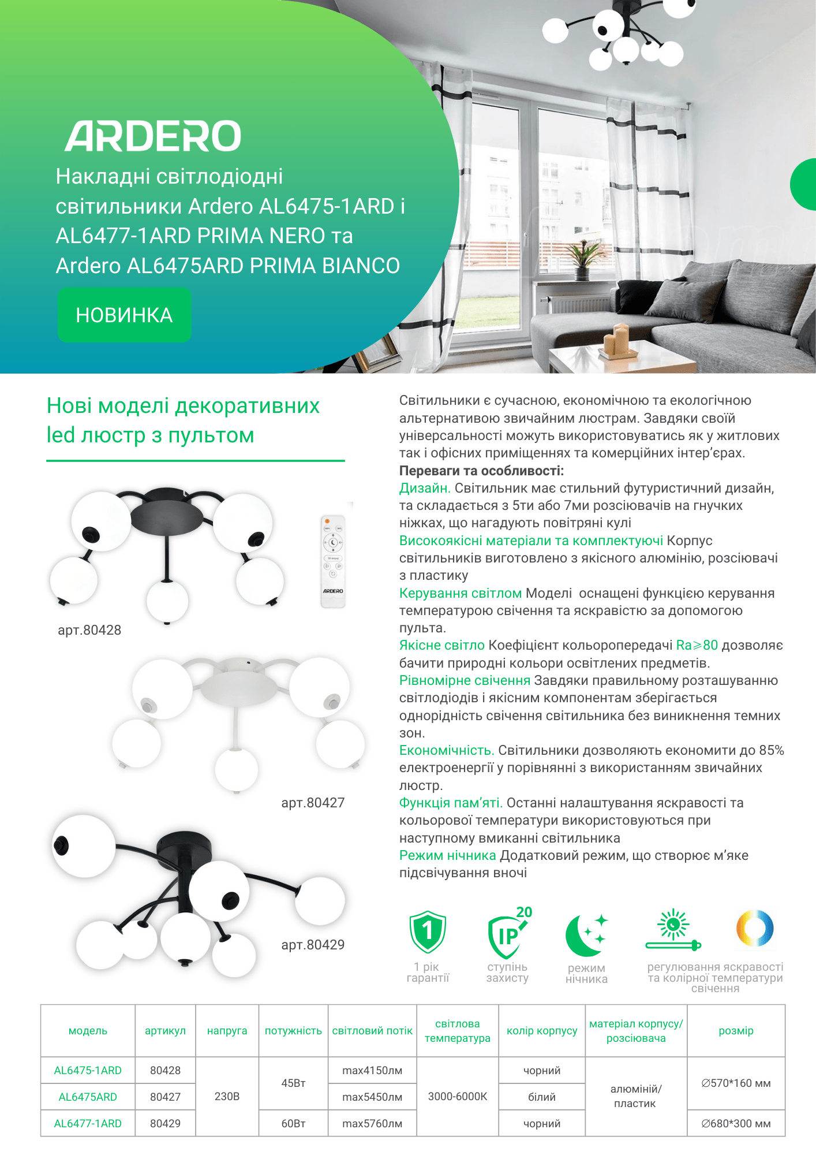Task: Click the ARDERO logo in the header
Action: [153, 136]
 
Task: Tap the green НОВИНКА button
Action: [124, 315]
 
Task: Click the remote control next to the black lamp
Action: [333, 561]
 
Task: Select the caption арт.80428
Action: [89, 630]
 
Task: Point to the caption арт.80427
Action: [313, 803]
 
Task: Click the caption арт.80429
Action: [313, 945]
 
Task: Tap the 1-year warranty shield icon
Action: [428, 932]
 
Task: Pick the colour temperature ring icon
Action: [755, 929]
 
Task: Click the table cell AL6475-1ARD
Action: [88, 1070]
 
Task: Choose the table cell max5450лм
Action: [372, 1097]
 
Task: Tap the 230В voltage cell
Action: [227, 1096]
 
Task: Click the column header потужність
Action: [293, 1031]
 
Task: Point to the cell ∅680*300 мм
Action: [736, 1123]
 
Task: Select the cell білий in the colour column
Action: [542, 1097]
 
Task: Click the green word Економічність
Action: [447, 750]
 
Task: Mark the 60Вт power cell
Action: [293, 1123]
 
